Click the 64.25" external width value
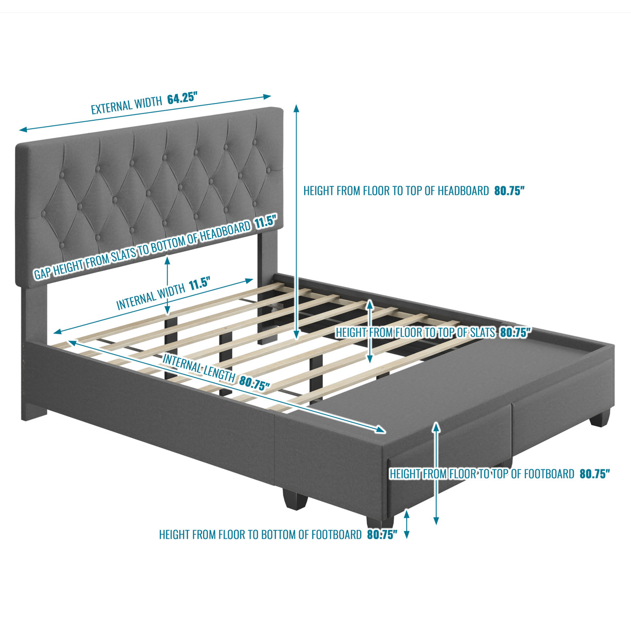coord(182,98)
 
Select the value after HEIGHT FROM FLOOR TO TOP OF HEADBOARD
coord(509,191)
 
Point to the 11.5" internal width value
coord(200,284)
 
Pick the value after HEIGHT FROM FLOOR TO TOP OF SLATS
coord(515,333)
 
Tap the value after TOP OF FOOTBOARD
coord(595,474)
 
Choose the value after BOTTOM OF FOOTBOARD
coord(382,535)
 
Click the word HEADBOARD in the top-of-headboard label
coord(463,191)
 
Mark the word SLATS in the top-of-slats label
coord(482,333)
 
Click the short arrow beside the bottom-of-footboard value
coord(407,524)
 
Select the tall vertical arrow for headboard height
coord(296,222)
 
